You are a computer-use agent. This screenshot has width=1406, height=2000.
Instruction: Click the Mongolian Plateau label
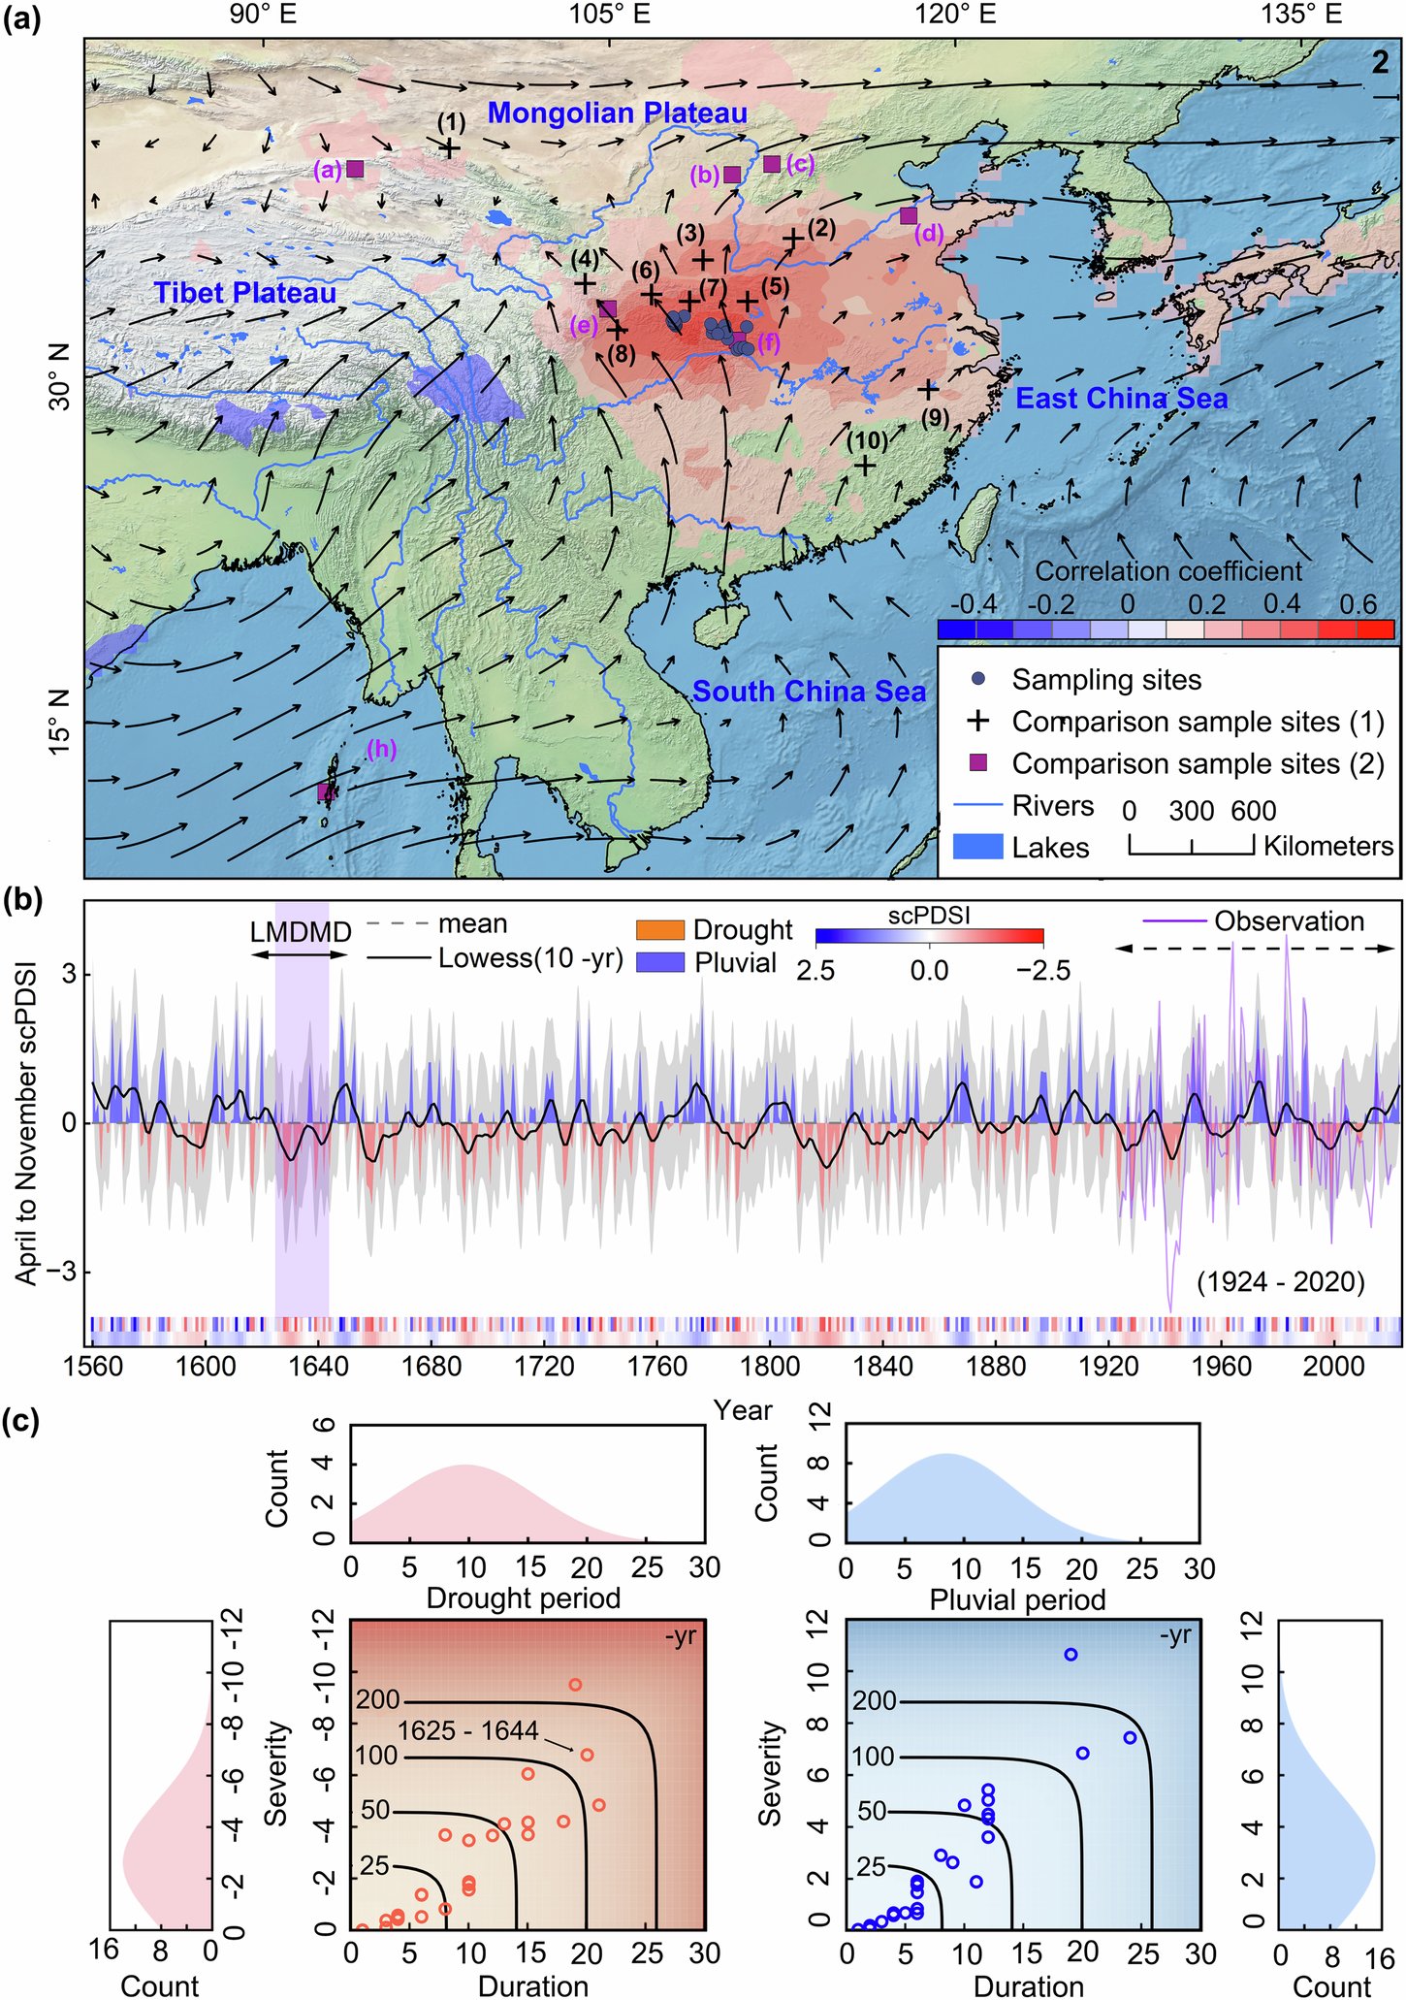617,113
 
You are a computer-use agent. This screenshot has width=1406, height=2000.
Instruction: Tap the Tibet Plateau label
245,293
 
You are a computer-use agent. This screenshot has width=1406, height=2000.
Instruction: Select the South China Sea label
809,692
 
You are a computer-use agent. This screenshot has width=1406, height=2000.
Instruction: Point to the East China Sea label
1121,399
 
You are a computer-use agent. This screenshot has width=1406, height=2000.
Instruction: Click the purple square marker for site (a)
355,169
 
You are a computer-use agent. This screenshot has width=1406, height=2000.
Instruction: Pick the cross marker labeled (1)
450,147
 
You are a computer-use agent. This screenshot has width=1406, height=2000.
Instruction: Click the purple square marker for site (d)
909,215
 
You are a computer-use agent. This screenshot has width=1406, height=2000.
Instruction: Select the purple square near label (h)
326,791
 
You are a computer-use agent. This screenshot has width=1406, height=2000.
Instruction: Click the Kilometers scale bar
1192,846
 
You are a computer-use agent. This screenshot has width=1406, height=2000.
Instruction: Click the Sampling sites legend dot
978,679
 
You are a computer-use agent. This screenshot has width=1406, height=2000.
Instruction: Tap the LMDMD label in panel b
300,932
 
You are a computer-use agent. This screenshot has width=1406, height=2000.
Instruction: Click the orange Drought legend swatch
659,929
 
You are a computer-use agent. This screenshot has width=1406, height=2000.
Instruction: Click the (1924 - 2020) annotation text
1280,1282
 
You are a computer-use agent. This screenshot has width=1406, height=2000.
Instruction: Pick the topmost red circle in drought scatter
575,1684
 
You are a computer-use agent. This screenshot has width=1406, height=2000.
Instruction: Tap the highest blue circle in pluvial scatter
1070,1654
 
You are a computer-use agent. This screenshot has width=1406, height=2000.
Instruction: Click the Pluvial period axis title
1017,1599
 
